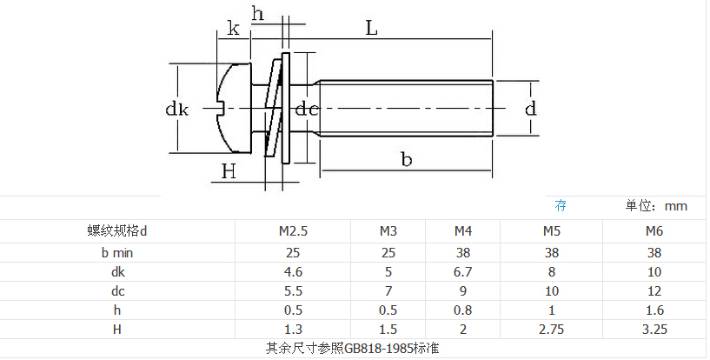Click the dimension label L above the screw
(x=371, y=28)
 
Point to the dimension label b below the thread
(x=407, y=159)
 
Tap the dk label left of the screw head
(x=176, y=110)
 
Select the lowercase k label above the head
(x=233, y=28)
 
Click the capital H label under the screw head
(x=229, y=171)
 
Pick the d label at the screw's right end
(x=531, y=109)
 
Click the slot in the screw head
(x=221, y=108)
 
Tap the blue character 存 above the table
(x=561, y=205)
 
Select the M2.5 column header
(x=293, y=231)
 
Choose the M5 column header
(x=552, y=231)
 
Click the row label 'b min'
(x=117, y=253)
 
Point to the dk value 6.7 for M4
(x=463, y=271)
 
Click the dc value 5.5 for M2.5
(x=293, y=290)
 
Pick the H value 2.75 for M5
(x=552, y=330)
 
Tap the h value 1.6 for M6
(x=654, y=310)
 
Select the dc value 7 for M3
(x=388, y=290)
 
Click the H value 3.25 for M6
(x=654, y=330)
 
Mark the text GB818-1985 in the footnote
(x=378, y=348)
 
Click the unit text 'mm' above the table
(x=675, y=206)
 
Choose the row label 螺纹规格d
(x=117, y=231)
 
